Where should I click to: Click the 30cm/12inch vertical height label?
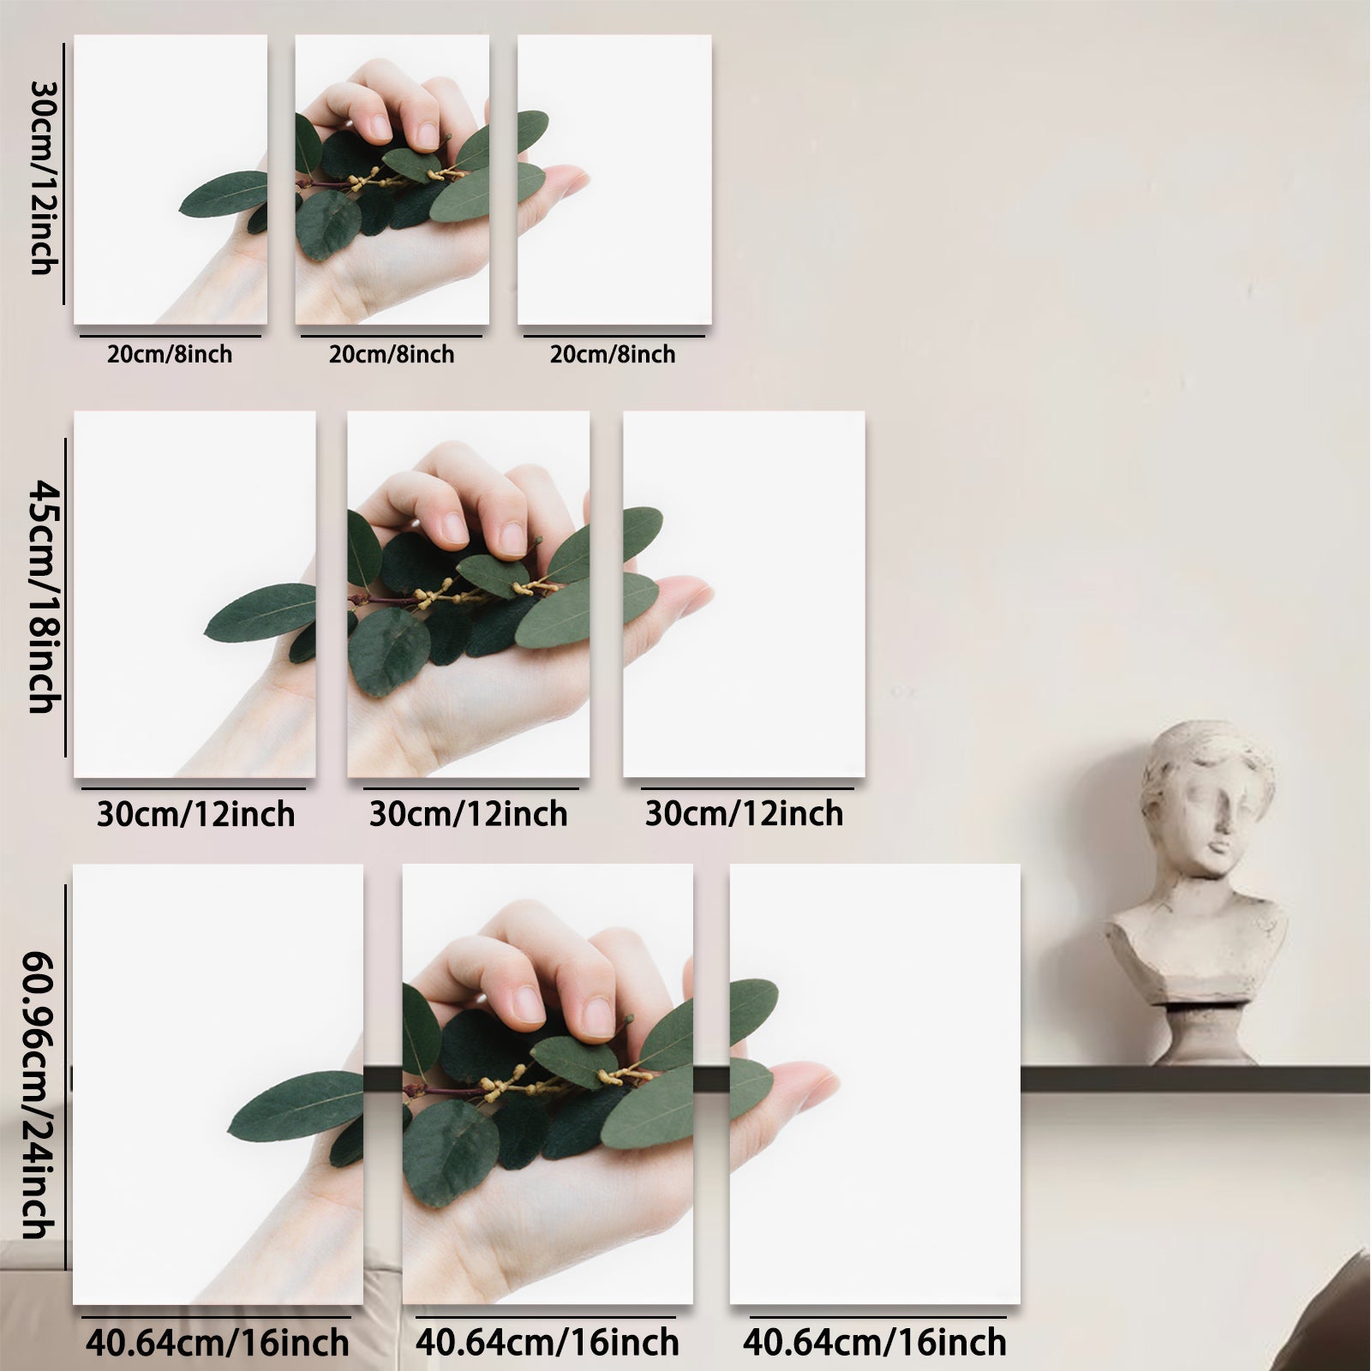pos(40,177)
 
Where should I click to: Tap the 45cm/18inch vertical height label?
pos(40,596)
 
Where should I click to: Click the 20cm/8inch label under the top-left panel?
pos(170,354)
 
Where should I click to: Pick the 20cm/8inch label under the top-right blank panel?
pos(613,354)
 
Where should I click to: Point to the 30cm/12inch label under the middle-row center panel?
pos(469,813)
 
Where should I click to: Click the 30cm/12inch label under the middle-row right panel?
pos(745,813)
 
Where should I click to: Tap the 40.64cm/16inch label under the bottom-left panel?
pos(218,1342)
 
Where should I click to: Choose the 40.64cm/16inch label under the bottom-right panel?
pos(875,1342)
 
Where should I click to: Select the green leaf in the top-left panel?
pos(225,193)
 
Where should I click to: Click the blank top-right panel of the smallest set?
pos(614,179)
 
